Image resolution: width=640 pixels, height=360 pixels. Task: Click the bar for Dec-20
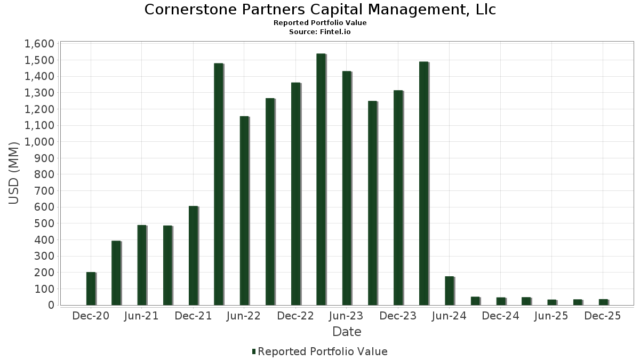coord(91,289)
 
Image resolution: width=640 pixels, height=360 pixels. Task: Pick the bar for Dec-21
coord(193,255)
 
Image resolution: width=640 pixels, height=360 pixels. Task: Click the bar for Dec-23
coord(398,198)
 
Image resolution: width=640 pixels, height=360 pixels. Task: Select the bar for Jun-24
coord(449,291)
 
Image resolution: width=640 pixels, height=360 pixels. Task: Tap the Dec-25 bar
coord(603,302)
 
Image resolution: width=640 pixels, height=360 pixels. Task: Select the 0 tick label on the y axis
coord(51,305)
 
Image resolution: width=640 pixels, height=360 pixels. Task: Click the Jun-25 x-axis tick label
coord(551,316)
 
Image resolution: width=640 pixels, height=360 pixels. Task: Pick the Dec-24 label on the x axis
coord(500,316)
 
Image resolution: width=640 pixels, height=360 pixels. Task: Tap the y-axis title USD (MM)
coord(14,173)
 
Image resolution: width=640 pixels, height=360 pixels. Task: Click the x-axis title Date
coord(347,332)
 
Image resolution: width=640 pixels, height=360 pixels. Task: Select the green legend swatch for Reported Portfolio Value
coord(254,351)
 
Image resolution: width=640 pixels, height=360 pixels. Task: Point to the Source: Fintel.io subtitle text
coord(320,32)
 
